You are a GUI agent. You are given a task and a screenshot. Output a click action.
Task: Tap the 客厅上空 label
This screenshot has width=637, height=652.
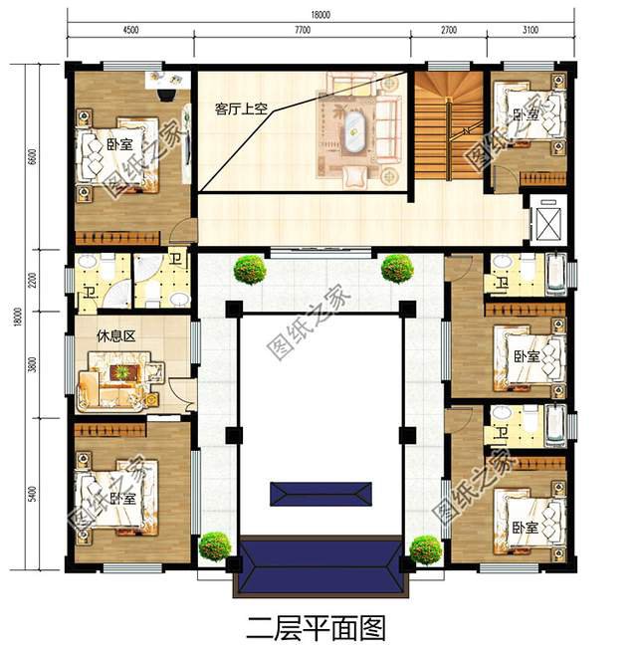click(x=241, y=109)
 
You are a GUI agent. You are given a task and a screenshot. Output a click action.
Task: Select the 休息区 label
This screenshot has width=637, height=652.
click(x=116, y=336)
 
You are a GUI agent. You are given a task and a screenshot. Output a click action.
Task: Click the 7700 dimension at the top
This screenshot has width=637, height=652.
click(x=303, y=30)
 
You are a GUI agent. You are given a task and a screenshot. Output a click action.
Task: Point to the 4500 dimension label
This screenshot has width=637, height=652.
click(x=130, y=30)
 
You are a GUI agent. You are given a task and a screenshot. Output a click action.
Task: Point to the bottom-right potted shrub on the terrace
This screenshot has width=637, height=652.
click(x=425, y=548)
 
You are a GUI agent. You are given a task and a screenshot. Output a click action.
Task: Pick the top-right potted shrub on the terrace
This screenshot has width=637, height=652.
click(x=396, y=268)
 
